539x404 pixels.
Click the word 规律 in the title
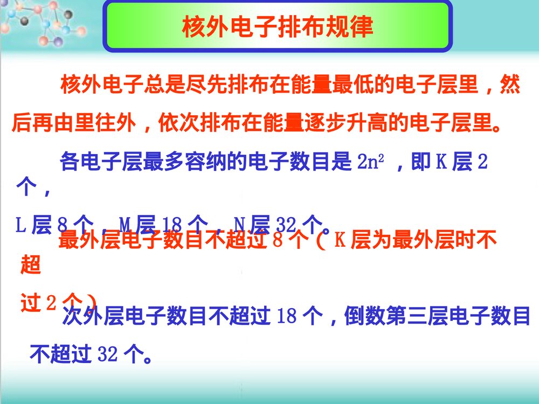tap(350, 27)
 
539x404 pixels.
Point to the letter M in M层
tap(126, 224)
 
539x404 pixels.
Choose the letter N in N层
tap(240, 224)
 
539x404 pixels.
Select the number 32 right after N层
tap(283, 224)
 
